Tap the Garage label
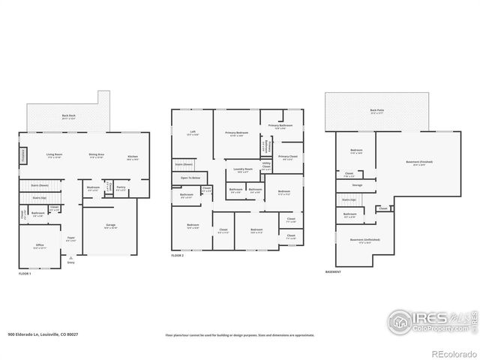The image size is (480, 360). [109, 226]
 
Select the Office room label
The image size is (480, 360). [40, 245]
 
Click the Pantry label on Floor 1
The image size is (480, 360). [120, 188]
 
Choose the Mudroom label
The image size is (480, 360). [93, 188]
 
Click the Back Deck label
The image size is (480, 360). [68, 116]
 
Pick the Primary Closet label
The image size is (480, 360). [288, 157]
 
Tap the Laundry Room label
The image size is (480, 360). [241, 169]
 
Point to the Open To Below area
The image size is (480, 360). [190, 178]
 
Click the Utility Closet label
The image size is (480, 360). [266, 166]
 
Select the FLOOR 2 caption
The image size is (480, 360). [177, 256]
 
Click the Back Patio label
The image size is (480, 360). [376, 111]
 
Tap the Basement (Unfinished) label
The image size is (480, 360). [364, 240]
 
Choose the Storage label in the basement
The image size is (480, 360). [357, 184]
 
